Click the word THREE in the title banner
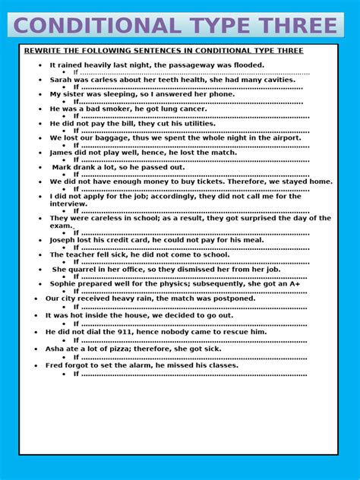pyautogui.click(x=298, y=26)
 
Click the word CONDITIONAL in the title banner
pyautogui.click(x=96, y=26)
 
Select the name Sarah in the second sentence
pyautogui.click(x=62, y=79)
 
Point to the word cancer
pyautogui.click(x=191, y=109)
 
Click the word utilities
pyautogui.click(x=193, y=123)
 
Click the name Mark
pyautogui.click(x=63, y=167)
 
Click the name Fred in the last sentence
pyautogui.click(x=54, y=365)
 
